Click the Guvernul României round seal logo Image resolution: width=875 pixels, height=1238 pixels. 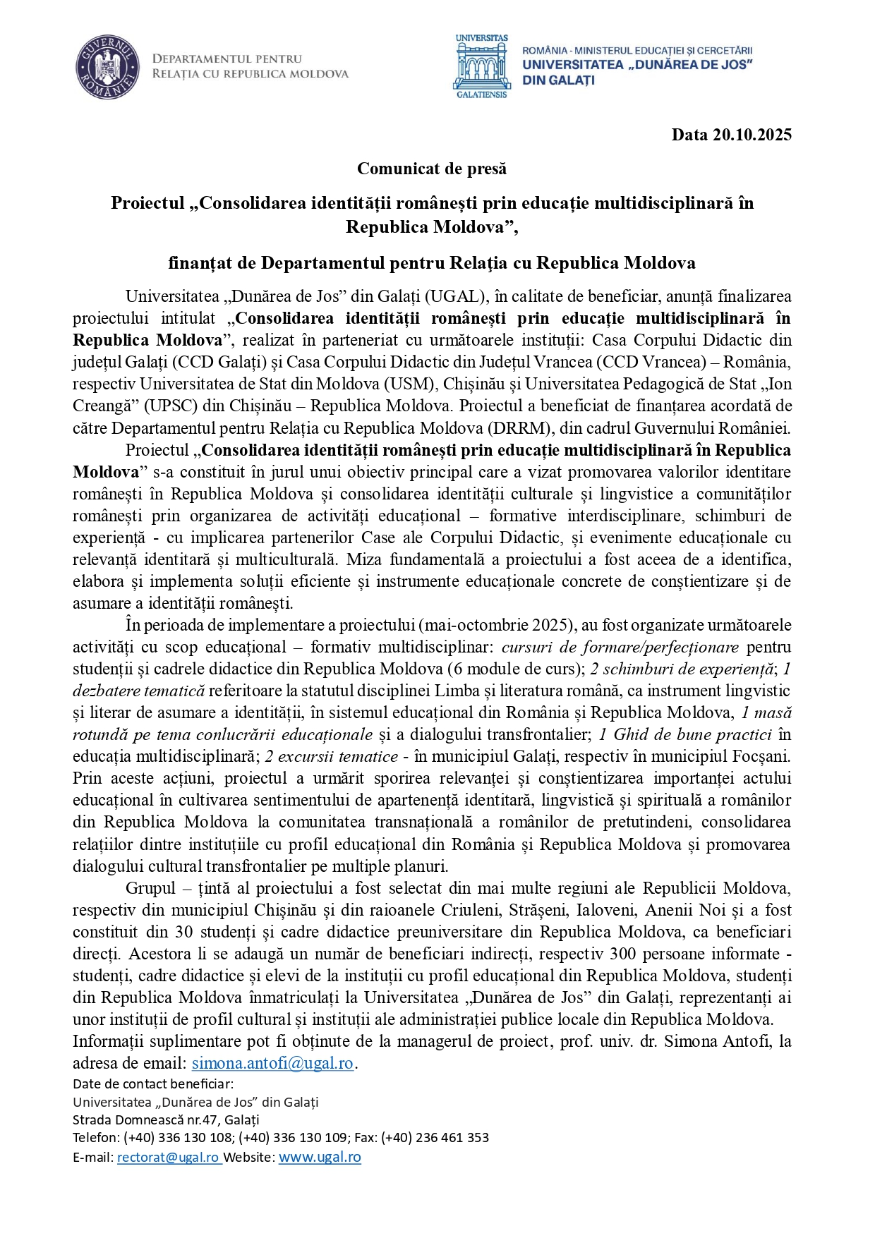pos(106,68)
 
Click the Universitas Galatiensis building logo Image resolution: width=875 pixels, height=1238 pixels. pos(481,68)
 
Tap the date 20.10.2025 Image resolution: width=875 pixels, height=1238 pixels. pos(752,135)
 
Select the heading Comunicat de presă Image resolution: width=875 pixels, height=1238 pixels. pos(431,169)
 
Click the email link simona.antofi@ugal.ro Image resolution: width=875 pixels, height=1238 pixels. pos(272,1063)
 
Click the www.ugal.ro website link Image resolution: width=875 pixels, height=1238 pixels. pos(320,1157)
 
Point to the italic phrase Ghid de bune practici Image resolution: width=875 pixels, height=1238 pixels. pos(692,734)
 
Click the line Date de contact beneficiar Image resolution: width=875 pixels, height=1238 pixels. pos(152,1084)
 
